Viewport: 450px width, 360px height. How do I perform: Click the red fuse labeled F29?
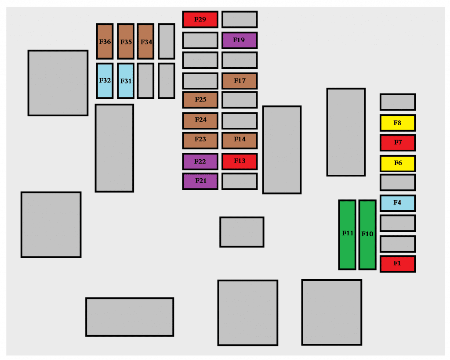point(200,19)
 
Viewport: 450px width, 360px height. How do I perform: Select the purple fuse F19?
point(240,40)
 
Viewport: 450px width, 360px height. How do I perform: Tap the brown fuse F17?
point(240,81)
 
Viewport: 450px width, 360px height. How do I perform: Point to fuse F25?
point(200,100)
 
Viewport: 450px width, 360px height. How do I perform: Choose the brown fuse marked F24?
point(200,120)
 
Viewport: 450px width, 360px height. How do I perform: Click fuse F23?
point(200,140)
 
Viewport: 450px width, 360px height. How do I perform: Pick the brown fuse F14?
point(240,140)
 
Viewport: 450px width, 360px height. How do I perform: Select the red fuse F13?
point(240,161)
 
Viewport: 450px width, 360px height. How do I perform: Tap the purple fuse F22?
point(200,161)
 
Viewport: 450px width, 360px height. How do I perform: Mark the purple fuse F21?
point(200,180)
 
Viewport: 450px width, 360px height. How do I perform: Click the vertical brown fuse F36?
point(105,41)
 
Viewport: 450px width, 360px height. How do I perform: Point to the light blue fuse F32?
point(105,81)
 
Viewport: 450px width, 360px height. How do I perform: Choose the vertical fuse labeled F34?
point(145,41)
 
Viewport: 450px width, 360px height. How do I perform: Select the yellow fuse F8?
point(397,123)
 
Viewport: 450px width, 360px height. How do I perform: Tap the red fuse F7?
point(397,142)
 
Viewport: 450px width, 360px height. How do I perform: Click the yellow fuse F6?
point(397,163)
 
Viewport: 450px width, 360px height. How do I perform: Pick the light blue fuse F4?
point(397,203)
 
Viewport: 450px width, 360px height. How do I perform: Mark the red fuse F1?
point(397,263)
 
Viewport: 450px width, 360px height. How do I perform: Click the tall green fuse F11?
point(347,234)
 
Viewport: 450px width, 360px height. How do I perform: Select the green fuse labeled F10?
point(367,234)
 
